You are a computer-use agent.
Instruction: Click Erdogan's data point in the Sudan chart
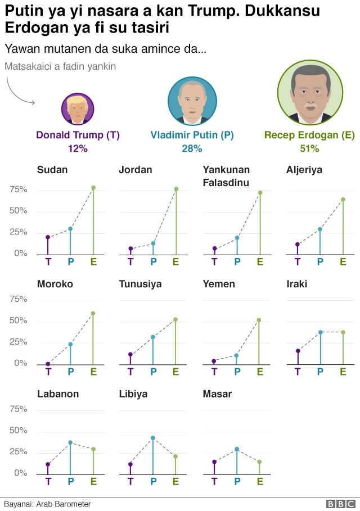coord(93,188)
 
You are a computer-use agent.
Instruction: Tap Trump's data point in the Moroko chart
coord(48,364)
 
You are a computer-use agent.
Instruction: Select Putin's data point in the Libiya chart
coord(152,438)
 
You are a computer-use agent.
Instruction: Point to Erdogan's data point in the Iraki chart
coord(343,332)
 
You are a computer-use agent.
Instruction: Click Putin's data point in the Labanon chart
coord(70,442)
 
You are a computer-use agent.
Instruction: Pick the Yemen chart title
coord(219,284)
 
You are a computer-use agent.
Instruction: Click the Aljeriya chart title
coord(304,170)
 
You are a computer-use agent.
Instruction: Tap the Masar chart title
coord(217,394)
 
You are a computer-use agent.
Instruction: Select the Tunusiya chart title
coord(140,284)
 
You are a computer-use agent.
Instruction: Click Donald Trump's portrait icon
coord(78,108)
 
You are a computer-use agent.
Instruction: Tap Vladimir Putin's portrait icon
coord(192,101)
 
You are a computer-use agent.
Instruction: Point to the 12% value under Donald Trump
coord(78,148)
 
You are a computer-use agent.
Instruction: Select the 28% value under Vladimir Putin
coord(192,148)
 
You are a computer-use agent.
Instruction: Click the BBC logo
coord(340,504)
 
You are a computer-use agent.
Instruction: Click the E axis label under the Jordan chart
coord(175,261)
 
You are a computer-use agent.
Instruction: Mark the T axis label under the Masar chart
coord(214,481)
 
